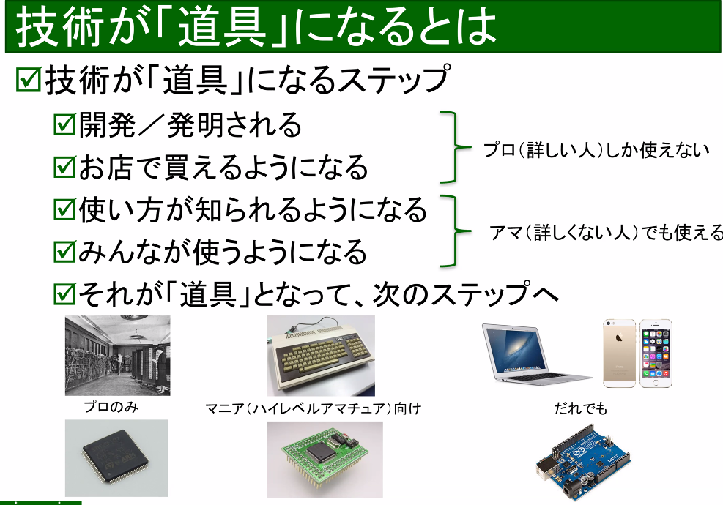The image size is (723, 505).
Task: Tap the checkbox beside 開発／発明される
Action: coord(65,124)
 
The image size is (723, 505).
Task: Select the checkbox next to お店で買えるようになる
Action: coord(65,168)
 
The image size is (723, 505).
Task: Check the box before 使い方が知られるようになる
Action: coord(65,210)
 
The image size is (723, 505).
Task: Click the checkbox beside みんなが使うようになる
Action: coord(65,252)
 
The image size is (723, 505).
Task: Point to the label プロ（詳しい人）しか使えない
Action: coord(596,150)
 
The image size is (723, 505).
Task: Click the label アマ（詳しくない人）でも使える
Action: coord(605,233)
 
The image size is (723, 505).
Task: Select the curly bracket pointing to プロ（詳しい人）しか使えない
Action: coord(453,146)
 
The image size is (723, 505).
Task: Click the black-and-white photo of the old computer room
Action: coord(117,356)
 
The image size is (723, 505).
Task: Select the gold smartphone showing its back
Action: coord(619,353)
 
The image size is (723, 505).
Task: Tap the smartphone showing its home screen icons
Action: coord(655,353)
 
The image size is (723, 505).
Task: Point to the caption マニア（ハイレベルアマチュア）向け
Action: coord(313,408)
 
